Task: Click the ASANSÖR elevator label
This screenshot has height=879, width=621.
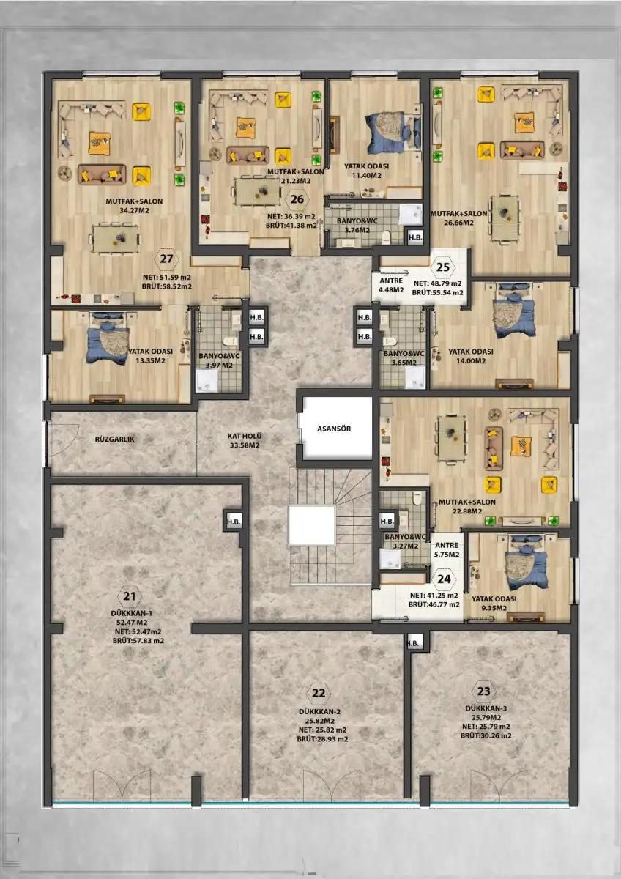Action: coord(334,429)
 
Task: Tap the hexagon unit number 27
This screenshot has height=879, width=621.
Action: coord(167,259)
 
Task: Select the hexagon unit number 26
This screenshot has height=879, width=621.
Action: coord(297,199)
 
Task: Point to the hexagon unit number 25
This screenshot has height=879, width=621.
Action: coord(443,267)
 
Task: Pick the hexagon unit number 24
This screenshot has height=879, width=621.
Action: coord(444,579)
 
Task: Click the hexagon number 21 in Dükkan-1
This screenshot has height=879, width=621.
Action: coord(130,596)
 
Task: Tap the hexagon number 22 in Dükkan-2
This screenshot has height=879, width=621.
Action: coord(319,693)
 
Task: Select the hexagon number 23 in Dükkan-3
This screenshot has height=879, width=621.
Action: coord(484,691)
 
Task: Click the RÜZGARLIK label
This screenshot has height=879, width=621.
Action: coord(114,439)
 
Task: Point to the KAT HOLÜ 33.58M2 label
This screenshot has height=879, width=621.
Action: coord(245,441)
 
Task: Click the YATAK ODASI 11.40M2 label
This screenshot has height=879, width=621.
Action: coord(366,171)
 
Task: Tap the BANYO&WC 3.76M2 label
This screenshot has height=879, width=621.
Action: coord(357,226)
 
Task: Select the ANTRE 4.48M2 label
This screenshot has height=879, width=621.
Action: coord(391,286)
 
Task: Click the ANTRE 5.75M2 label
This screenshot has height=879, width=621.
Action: coord(447,550)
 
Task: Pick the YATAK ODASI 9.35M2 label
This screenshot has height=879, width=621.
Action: coord(494,604)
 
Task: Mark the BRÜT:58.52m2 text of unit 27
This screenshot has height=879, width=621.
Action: coord(167,286)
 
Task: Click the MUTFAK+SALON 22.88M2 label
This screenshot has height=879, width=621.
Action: coord(466,507)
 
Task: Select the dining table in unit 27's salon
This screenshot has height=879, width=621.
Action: coord(114,238)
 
